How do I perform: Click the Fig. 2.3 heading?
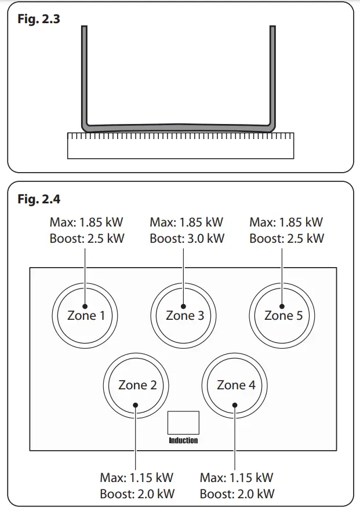(x=38, y=19)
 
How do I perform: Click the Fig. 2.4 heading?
(x=38, y=200)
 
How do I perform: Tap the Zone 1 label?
(x=86, y=316)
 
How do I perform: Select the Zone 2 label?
(x=137, y=385)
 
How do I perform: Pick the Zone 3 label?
(x=184, y=316)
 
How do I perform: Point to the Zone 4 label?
(x=235, y=385)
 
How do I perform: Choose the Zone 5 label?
(x=283, y=316)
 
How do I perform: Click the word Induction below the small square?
(x=183, y=440)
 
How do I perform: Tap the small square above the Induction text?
(x=183, y=423)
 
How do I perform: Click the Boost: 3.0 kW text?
(x=186, y=238)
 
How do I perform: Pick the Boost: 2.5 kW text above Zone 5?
(x=286, y=238)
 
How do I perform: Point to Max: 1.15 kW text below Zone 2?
(x=136, y=478)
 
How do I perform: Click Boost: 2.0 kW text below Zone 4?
(x=237, y=494)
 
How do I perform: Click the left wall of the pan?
(x=85, y=75)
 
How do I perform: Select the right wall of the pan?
(x=272, y=75)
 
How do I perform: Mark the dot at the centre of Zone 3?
(x=183, y=305)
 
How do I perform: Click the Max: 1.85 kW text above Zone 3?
(x=186, y=222)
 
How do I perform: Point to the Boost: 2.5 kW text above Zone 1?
(x=88, y=238)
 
